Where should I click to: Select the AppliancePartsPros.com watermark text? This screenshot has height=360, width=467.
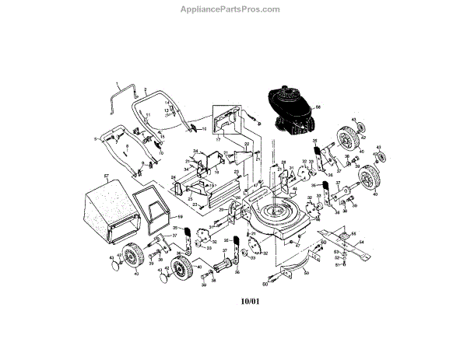tap(233, 9)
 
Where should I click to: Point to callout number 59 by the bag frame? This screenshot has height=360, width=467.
tap(180, 218)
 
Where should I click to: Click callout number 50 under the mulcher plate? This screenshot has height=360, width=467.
tap(307, 274)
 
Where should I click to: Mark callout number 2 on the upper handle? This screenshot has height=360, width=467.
tap(134, 90)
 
